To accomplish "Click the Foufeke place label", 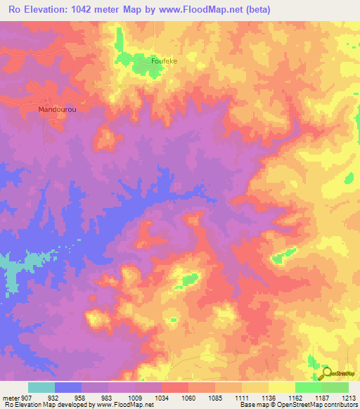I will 164,61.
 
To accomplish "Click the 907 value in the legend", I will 27,398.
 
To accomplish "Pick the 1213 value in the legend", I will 349,398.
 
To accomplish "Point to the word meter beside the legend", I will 11,398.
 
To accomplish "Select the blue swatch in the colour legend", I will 68,387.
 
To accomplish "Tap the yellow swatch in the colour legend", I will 281,387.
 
